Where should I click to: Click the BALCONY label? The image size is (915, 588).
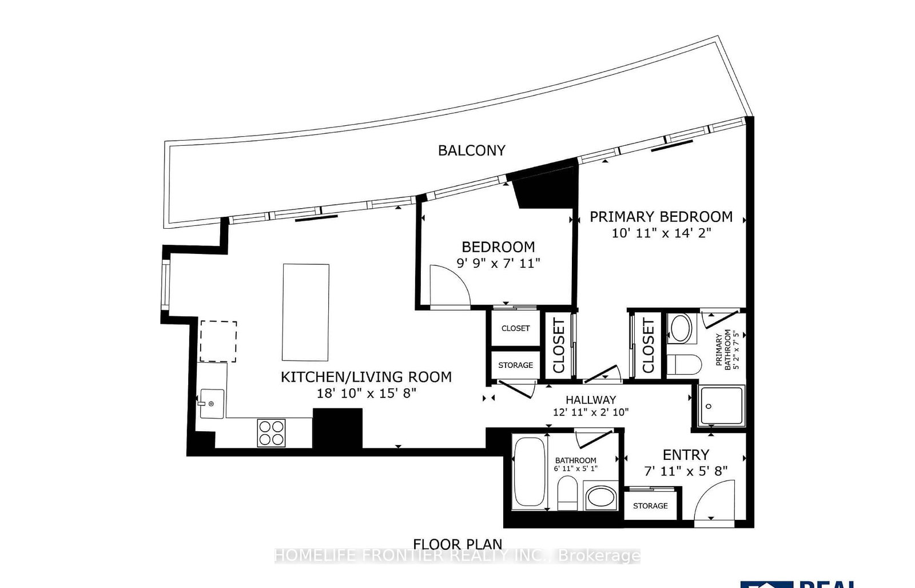coord(471,150)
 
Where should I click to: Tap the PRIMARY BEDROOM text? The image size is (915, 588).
coord(661,217)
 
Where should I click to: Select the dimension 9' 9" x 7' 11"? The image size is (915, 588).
coord(498,263)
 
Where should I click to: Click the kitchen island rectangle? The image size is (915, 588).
coord(306,312)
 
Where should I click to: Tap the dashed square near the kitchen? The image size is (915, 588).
coord(218,341)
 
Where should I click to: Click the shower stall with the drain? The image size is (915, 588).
coord(721,406)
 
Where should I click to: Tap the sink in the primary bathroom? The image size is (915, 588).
coord(681,328)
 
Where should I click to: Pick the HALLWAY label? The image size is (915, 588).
coord(591,400)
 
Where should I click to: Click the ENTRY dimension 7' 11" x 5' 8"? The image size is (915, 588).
coord(686,471)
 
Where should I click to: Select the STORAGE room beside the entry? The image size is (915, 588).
coord(650,506)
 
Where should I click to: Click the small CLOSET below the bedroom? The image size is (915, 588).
coord(515,328)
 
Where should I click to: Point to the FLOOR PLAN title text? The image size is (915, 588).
coord(457,544)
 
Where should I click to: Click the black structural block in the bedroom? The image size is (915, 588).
coord(544,188)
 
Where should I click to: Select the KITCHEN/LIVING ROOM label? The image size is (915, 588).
coord(366,377)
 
